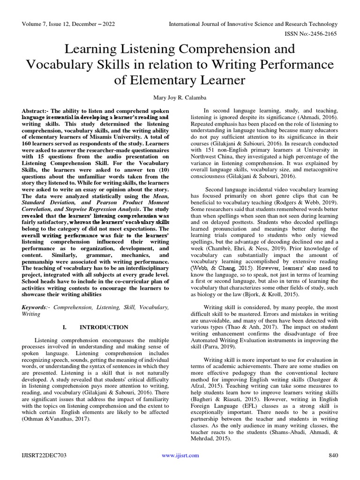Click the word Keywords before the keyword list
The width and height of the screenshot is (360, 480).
pos(36,307)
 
